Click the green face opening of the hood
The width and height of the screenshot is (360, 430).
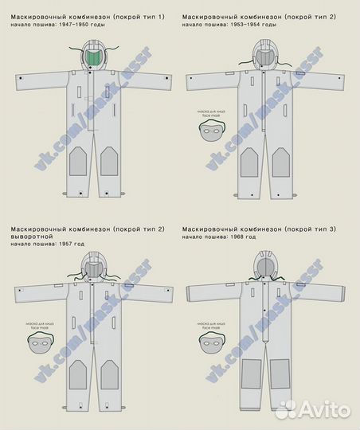95,58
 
